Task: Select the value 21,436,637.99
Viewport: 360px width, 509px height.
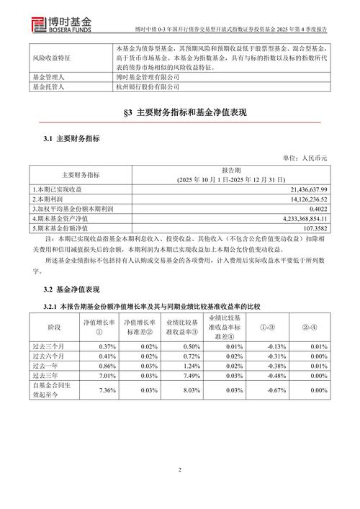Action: [303, 188]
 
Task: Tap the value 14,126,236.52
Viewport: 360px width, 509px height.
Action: [303, 198]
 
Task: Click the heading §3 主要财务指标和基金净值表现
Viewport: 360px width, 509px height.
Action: [180, 114]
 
